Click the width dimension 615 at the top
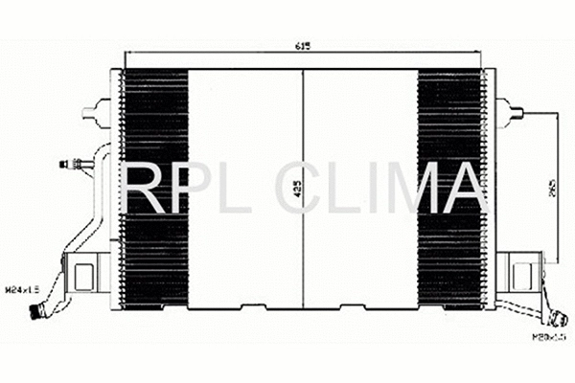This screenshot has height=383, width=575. [x=304, y=45]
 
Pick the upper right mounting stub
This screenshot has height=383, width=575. [x=508, y=112]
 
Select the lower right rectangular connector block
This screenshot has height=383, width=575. [x=523, y=274]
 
